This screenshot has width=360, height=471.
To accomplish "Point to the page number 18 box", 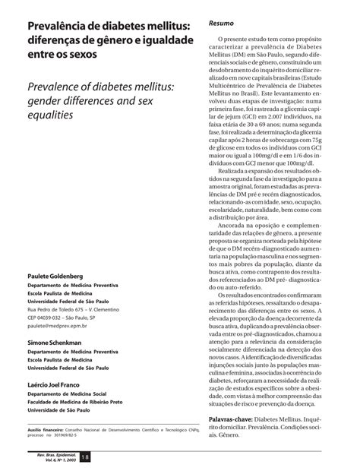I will click(x=85, y=456).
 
